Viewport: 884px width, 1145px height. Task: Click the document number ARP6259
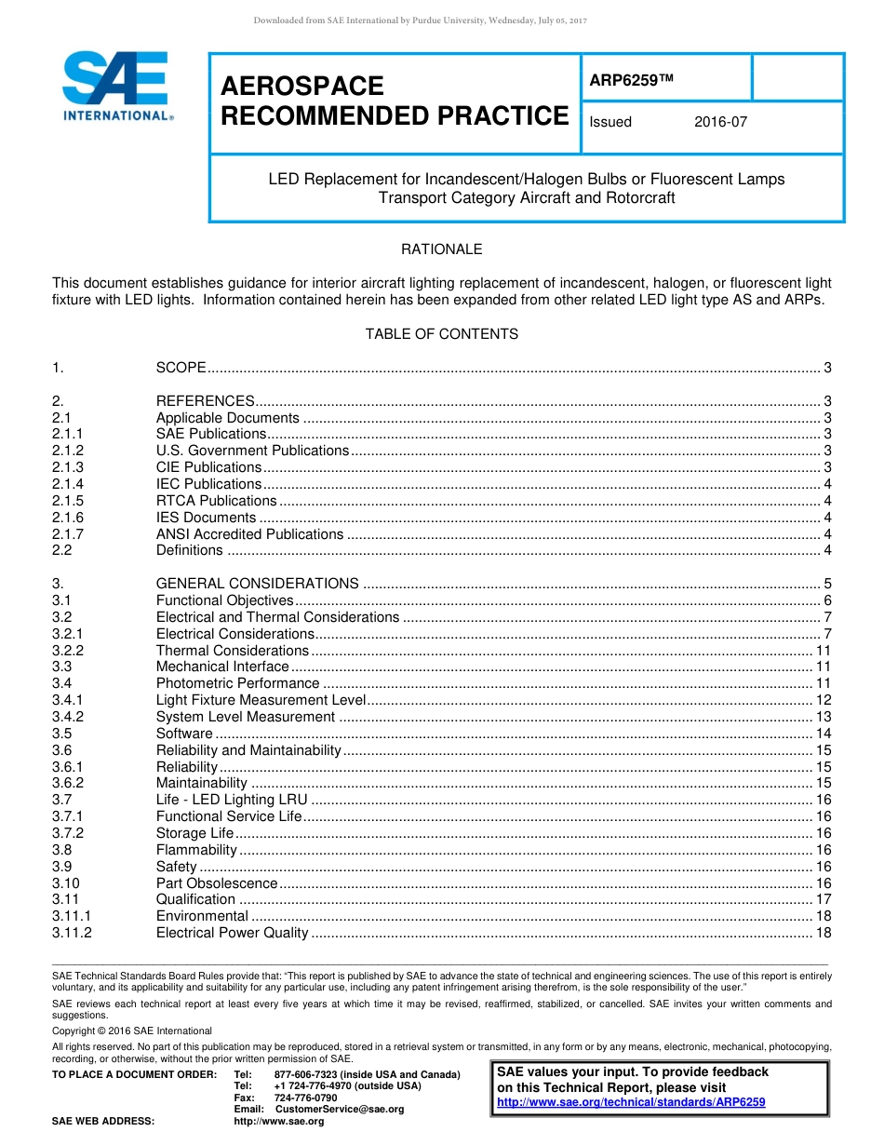click(630, 80)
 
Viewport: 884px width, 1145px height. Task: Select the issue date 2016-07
click(719, 122)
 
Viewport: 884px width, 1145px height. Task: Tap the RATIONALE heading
click(441, 249)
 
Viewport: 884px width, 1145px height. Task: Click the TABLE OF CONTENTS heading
click(441, 334)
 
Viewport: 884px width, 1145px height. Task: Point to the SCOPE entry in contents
click(181, 368)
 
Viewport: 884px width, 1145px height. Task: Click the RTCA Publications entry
click(216, 501)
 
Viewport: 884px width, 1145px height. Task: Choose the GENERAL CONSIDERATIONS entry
click(257, 584)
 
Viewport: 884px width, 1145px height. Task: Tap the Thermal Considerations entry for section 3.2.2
click(232, 651)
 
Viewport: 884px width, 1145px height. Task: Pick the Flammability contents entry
click(196, 850)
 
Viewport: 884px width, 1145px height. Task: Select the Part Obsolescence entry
click(217, 883)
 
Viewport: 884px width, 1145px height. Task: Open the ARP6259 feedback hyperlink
click(631, 1102)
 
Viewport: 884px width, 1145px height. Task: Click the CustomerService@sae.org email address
click(340, 1110)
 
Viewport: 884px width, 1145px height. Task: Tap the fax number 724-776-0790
click(305, 1098)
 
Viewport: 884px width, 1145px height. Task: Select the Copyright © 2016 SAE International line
click(132, 1030)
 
